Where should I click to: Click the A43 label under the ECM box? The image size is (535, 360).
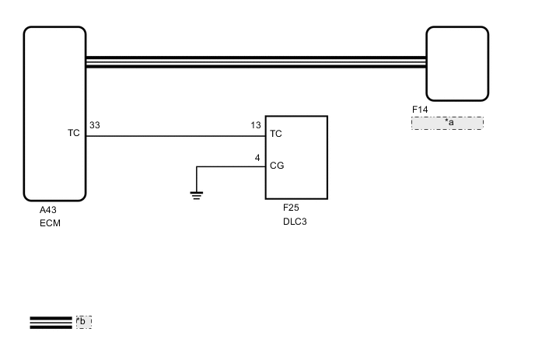pos(47,210)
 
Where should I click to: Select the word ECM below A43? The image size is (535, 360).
pos(50,223)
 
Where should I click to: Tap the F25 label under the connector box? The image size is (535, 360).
pos(292,208)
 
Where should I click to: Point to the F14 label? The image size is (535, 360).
pos(420,110)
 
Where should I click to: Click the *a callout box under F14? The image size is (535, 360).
pos(447,123)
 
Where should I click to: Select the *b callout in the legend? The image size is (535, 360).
pos(83,321)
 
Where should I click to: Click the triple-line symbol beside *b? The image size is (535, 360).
pos(51,322)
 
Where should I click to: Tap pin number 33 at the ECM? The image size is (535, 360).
pos(94,125)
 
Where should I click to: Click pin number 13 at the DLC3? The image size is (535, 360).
pos(256,125)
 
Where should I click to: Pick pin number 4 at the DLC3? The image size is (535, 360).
pos(257,158)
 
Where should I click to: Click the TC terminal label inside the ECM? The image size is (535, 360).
pos(74,134)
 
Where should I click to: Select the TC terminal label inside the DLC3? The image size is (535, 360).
pos(275,134)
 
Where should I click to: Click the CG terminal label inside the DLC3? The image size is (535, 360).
pos(276,166)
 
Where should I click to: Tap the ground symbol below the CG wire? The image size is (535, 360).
pos(197,194)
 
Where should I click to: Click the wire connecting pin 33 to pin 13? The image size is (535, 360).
pos(175,136)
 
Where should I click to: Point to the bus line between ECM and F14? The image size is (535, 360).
pos(257,61)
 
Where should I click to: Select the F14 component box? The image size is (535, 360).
pos(457,64)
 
